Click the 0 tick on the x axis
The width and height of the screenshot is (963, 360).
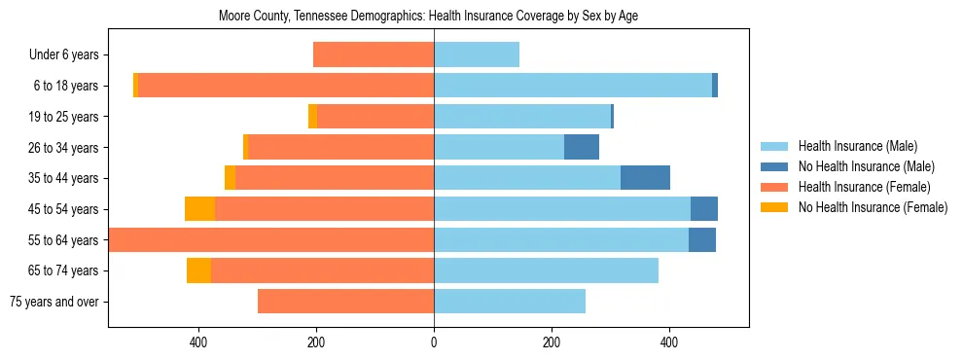coord(434,342)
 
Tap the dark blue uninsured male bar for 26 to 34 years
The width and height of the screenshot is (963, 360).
coord(582,147)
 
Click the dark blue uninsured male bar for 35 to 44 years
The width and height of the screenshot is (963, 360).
coord(645,178)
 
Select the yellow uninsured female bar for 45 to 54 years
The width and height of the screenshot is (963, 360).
coord(199,209)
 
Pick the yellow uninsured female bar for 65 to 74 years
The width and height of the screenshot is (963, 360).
coord(198,270)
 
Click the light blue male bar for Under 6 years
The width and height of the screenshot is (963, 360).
coord(477,54)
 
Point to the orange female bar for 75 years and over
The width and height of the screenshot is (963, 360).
coord(345,302)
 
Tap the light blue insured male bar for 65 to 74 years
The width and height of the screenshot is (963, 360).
coord(546,270)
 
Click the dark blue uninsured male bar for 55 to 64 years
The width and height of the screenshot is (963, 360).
coord(702,239)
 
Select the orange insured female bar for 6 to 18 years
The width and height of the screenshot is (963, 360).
coord(286,86)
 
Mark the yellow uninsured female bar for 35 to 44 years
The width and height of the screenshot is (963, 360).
coord(230,178)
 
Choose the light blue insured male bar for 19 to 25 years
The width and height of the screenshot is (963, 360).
coord(522,117)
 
